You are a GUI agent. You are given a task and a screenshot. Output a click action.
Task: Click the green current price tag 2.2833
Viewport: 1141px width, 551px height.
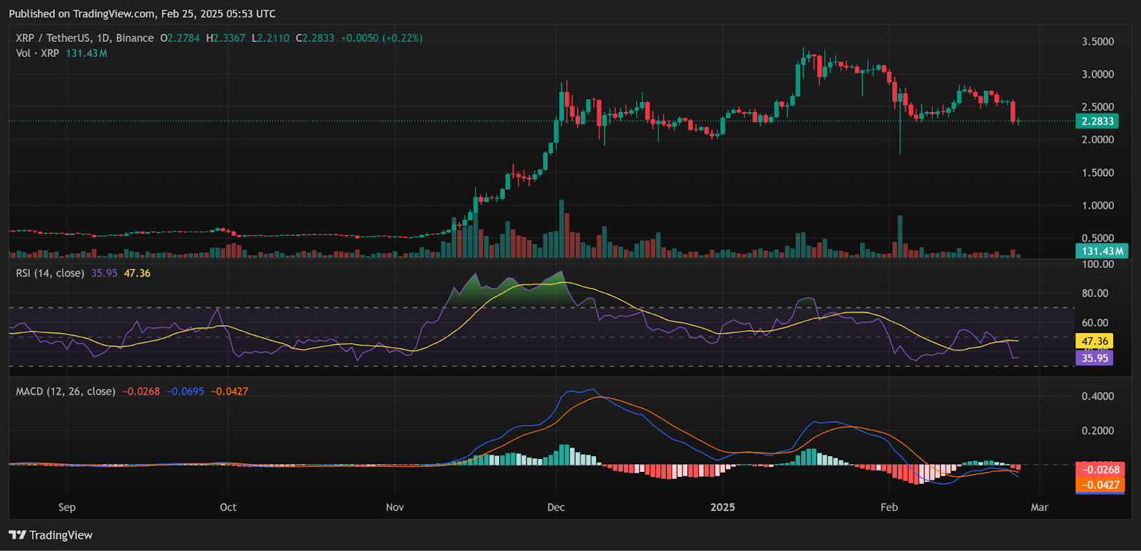[x=1097, y=121]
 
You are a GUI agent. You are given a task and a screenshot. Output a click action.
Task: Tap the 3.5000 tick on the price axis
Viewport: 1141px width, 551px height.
[x=1097, y=41]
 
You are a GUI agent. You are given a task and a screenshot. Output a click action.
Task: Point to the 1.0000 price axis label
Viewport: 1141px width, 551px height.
[x=1097, y=205]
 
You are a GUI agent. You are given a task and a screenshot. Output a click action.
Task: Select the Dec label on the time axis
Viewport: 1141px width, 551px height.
[x=556, y=507]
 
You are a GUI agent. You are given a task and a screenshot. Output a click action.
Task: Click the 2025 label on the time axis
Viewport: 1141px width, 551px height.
[x=722, y=507]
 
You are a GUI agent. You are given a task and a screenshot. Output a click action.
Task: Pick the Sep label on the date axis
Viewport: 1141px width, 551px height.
[x=66, y=507]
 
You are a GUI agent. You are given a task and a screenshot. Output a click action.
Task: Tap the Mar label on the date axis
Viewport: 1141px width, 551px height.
[x=1039, y=507]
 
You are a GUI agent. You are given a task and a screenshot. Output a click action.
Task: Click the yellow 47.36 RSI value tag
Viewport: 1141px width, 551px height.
[x=1095, y=341]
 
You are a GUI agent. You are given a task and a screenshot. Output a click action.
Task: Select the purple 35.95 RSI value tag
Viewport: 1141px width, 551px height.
[x=1095, y=358]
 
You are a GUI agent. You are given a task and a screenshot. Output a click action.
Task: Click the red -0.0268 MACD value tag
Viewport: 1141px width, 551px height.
[x=1100, y=470]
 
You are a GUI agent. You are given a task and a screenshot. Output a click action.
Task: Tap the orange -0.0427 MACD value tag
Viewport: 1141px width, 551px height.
[x=1100, y=485]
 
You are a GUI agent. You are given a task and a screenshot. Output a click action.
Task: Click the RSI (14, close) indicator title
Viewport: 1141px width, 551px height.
[x=50, y=273]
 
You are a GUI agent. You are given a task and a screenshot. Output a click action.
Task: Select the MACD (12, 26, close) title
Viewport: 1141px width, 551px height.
[x=66, y=391]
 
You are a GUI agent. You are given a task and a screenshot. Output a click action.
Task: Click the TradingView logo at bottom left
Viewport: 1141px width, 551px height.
[x=51, y=535]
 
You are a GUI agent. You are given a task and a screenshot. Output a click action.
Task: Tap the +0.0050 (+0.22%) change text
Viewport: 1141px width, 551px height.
[x=381, y=38]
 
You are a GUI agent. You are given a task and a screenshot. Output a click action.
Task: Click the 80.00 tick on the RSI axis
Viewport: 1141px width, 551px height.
[x=1095, y=293]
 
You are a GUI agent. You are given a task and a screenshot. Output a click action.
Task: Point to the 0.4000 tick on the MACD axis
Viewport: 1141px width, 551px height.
[x=1097, y=396]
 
